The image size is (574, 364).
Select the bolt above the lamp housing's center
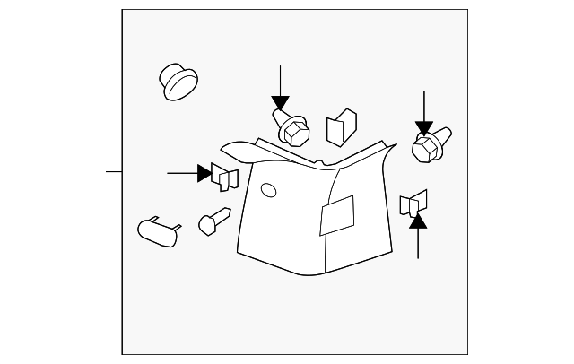[290, 127]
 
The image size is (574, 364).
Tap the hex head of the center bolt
[295, 134]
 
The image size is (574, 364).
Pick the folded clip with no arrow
[341, 128]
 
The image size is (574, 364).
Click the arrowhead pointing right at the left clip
[204, 172]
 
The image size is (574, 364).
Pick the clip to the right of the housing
[416, 204]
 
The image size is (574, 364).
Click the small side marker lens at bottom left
[158, 230]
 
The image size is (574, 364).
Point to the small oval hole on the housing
[266, 190]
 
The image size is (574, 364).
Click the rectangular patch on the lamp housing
[336, 216]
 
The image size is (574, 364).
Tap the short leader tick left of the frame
[114, 170]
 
